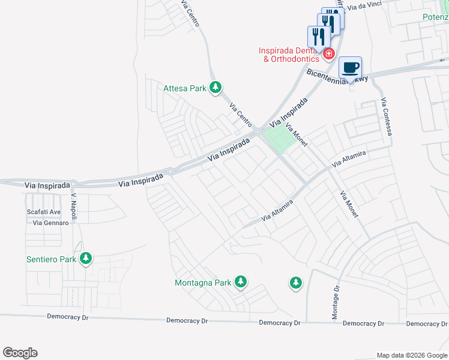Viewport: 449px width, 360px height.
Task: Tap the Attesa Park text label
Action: (x=185, y=89)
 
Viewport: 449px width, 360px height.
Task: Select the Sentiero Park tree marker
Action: (x=86, y=259)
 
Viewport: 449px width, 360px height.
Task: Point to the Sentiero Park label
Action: (x=52, y=260)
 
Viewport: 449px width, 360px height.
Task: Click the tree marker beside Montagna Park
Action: (x=241, y=281)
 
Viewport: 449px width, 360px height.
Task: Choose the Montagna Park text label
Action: (x=203, y=283)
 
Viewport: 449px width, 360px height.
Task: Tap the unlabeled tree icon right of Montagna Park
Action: (x=295, y=282)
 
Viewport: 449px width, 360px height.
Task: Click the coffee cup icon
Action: (x=350, y=68)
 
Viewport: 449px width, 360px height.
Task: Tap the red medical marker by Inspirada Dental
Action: (x=328, y=55)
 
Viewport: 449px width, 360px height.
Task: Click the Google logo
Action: (x=20, y=353)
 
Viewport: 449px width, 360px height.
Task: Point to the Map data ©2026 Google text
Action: (x=411, y=355)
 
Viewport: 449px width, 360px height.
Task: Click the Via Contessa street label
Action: (x=386, y=116)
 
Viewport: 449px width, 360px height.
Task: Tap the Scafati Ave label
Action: (x=44, y=212)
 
